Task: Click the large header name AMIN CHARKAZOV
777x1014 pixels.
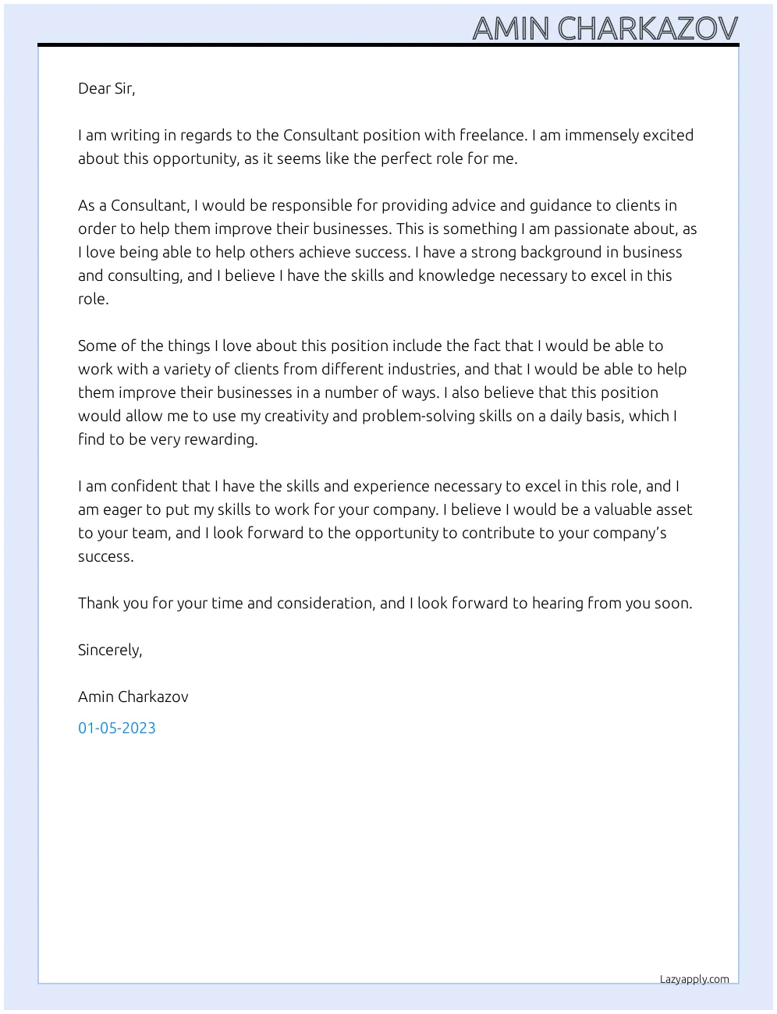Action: point(605,28)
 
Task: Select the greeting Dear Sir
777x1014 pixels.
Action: point(106,88)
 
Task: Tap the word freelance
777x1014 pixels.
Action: point(492,135)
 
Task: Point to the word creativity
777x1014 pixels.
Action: point(296,416)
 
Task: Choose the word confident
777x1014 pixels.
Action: point(144,486)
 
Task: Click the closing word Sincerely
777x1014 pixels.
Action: point(109,650)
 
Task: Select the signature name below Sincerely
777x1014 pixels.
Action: point(133,697)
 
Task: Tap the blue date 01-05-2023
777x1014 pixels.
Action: point(117,728)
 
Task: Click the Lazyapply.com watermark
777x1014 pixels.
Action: point(694,979)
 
